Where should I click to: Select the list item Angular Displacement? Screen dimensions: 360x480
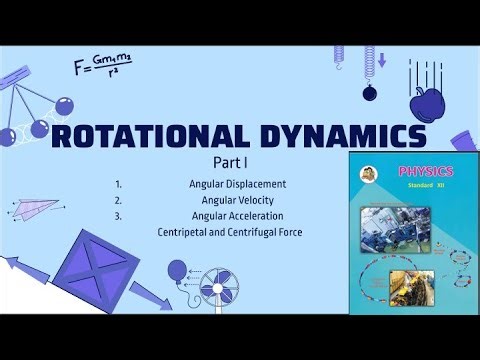[x=237, y=185]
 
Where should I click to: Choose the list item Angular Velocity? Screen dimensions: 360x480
[x=237, y=201]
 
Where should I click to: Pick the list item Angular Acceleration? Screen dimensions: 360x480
[x=237, y=216]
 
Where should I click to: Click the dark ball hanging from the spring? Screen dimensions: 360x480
[x=369, y=92]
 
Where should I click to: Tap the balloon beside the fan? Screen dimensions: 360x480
[x=177, y=273]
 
